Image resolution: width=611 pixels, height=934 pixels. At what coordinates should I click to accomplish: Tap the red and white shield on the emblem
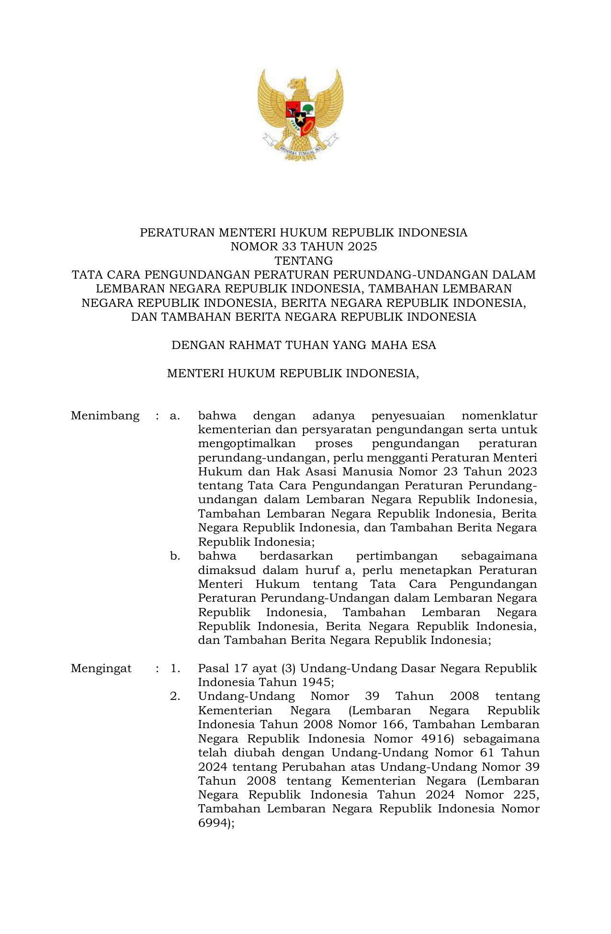300,117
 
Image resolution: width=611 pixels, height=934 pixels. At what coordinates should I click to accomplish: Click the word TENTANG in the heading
304,261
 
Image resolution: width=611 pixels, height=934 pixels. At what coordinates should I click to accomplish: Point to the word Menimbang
105,416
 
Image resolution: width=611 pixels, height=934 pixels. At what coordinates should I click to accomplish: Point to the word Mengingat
101,668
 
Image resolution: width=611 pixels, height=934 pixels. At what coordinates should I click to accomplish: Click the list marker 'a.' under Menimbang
175,416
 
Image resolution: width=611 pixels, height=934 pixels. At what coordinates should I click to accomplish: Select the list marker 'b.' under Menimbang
175,556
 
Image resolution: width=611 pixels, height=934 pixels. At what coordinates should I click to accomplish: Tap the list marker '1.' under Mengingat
175,668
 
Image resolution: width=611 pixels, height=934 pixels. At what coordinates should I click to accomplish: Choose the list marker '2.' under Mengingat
175,696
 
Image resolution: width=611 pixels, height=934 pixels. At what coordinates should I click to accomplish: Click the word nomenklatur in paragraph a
499,416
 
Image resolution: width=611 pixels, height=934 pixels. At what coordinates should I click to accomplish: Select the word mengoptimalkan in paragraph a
247,444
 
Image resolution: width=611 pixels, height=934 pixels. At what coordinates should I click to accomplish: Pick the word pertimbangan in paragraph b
396,556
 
